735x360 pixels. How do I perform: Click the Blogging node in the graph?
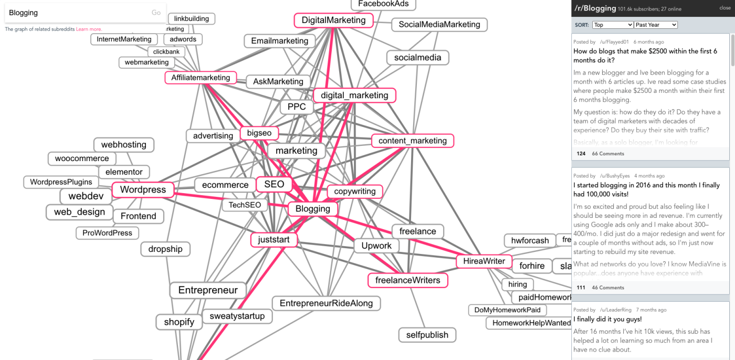click(x=313, y=209)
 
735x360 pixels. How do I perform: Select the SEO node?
click(x=274, y=184)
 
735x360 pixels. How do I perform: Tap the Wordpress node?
click(x=143, y=189)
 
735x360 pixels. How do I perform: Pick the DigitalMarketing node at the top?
click(x=333, y=20)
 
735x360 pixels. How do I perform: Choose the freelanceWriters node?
click(x=407, y=280)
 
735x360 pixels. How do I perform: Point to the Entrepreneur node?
click(x=208, y=290)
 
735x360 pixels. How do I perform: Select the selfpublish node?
click(x=427, y=335)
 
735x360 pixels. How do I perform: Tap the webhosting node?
click(x=124, y=144)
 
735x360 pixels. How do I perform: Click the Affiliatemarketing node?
click(x=201, y=78)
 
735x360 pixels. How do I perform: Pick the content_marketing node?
click(x=413, y=141)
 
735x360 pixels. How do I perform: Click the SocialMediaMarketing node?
click(x=439, y=25)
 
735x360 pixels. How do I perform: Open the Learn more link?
click(x=89, y=29)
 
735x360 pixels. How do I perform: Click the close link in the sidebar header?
click(x=724, y=8)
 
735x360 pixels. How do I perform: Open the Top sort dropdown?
click(x=613, y=25)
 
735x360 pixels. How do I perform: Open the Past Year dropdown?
click(x=655, y=25)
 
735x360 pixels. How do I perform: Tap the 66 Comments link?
click(x=608, y=154)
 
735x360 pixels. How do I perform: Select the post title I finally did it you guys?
click(x=607, y=319)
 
